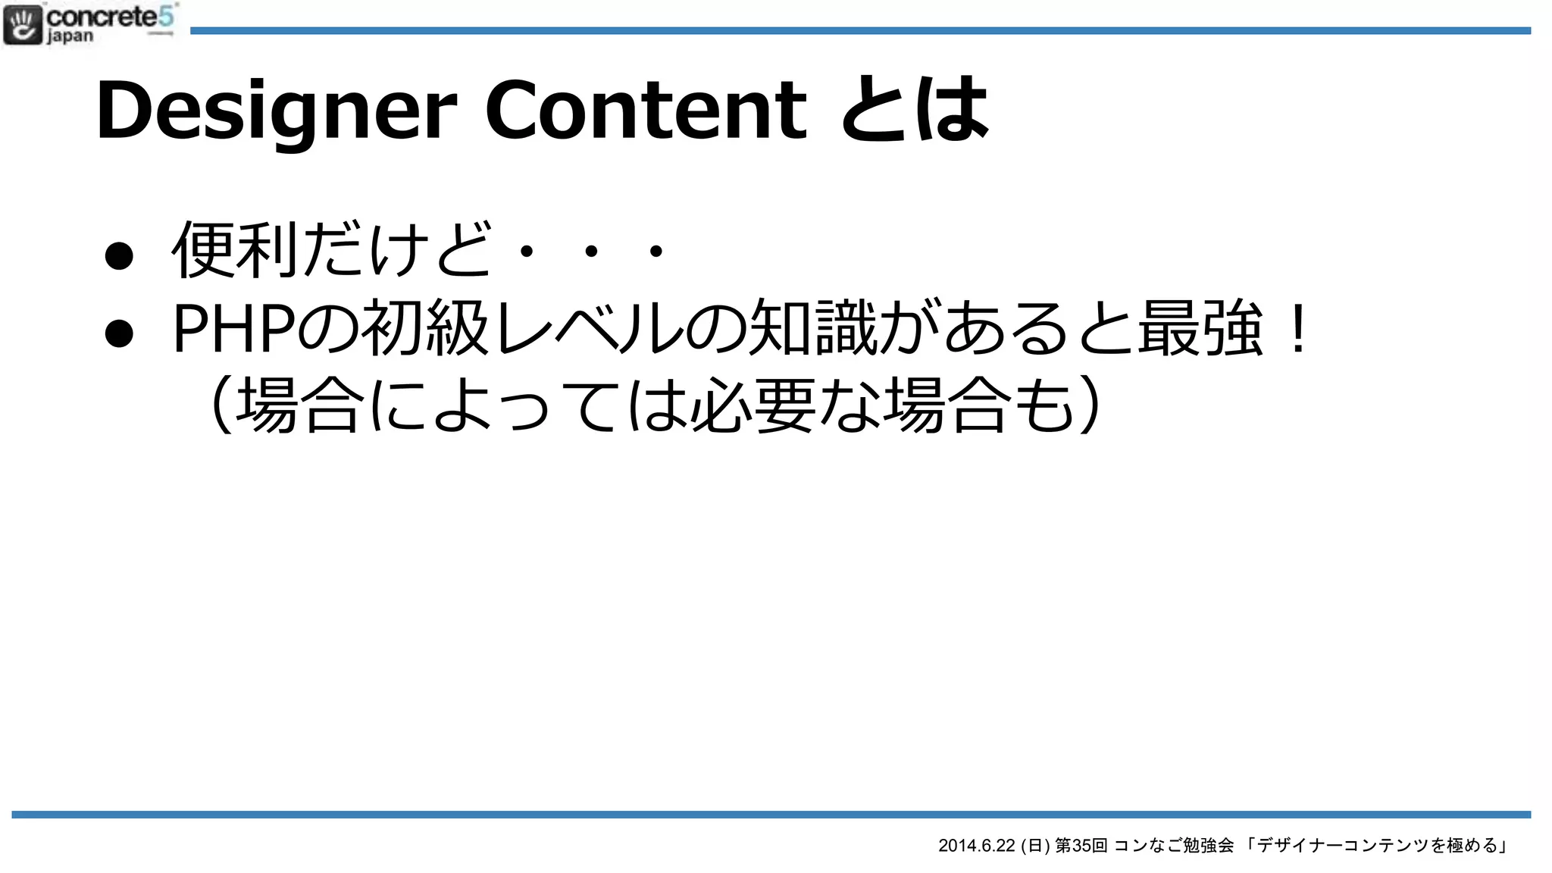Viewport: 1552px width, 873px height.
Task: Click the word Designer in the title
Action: point(277,111)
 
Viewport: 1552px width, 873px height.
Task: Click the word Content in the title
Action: point(646,111)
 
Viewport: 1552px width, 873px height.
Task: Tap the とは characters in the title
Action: point(915,111)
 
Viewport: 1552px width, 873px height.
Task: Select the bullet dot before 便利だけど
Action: point(120,255)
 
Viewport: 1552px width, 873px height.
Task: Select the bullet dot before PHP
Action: point(120,333)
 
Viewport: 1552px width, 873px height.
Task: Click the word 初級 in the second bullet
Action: point(424,329)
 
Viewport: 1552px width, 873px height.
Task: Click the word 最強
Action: point(1200,329)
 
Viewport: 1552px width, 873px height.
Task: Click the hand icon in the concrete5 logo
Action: point(23,24)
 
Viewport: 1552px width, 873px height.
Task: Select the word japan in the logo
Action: point(70,36)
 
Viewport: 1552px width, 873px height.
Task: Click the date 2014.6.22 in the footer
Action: point(976,846)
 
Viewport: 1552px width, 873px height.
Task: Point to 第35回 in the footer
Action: point(1081,846)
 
